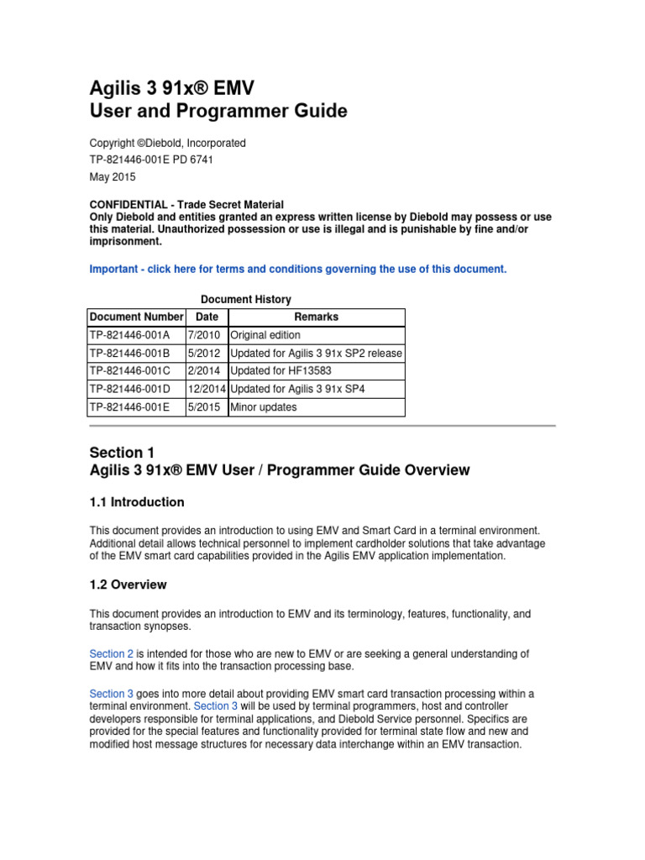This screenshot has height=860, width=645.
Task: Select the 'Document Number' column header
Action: point(136,317)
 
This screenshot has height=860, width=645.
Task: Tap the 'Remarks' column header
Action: point(316,317)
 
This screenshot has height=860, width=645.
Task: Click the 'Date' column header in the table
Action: point(207,317)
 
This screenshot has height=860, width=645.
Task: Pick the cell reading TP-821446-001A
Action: point(130,335)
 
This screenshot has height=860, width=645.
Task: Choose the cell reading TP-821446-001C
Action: point(130,371)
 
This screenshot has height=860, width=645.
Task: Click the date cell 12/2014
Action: point(207,389)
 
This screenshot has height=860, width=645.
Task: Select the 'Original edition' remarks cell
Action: point(265,335)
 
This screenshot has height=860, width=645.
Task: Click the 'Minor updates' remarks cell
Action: point(263,407)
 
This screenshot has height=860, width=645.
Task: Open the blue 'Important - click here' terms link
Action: point(298,269)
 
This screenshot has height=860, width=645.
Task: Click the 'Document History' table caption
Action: point(246,299)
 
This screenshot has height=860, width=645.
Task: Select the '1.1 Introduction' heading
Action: point(137,502)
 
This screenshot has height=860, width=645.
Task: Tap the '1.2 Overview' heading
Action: point(128,585)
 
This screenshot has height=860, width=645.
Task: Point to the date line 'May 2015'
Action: point(112,177)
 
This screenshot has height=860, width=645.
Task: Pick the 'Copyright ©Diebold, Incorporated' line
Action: point(167,144)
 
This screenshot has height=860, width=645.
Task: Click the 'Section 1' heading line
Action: point(122,453)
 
